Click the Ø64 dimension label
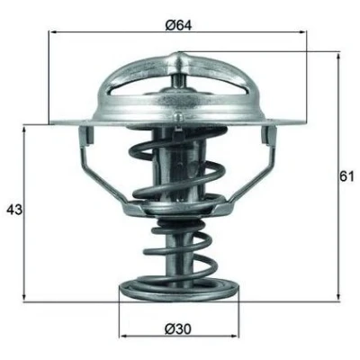click(x=178, y=25)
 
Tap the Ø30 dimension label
click(x=178, y=329)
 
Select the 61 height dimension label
click(x=347, y=176)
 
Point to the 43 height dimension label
click(x=14, y=210)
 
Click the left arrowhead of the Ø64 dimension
click(x=53, y=31)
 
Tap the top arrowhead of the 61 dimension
click(x=338, y=57)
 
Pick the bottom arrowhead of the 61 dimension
click(x=338, y=295)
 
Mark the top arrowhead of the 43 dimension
click(x=24, y=129)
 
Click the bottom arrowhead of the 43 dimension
click(x=24, y=297)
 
